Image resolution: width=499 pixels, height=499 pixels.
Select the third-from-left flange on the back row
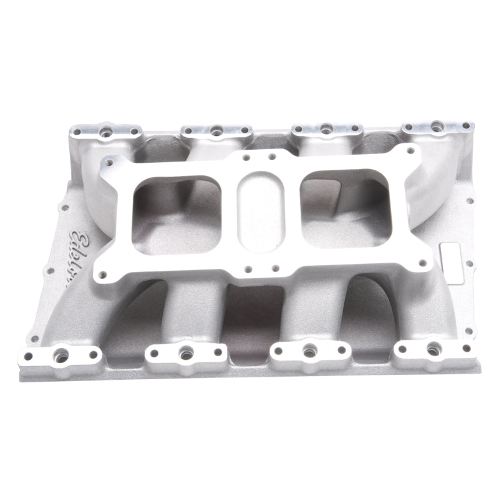(x=326, y=129)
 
